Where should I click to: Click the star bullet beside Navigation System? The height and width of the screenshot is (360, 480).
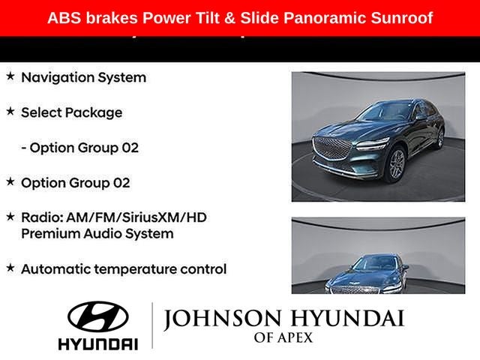click(10, 76)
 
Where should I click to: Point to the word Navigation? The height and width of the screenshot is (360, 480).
click(58, 77)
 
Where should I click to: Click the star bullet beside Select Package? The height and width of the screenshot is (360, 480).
click(10, 112)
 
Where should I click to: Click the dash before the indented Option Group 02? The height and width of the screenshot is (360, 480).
click(24, 148)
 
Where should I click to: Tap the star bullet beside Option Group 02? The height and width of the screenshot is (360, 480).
click(10, 181)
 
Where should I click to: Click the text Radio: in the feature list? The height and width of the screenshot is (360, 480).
click(43, 217)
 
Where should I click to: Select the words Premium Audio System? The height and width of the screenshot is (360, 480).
click(97, 233)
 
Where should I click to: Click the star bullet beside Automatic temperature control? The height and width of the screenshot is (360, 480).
click(10, 268)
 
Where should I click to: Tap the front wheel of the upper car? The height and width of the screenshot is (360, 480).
click(396, 163)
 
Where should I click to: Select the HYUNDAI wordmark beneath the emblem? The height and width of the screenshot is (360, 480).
click(98, 343)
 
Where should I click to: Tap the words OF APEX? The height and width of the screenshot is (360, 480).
click(283, 338)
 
